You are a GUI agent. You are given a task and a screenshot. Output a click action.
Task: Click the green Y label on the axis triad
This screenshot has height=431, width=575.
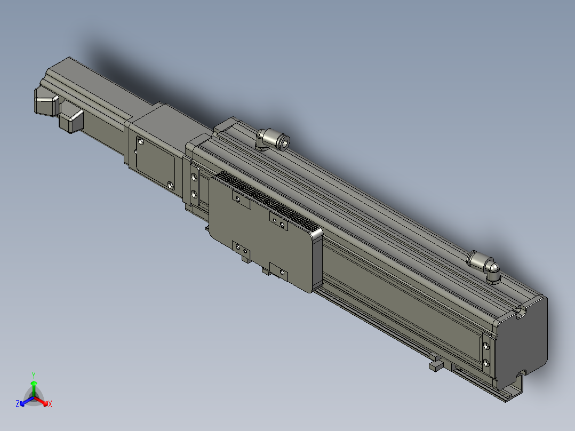pyautogui.click(x=34, y=375)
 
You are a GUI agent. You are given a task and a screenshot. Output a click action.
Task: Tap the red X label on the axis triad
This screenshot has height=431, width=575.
pyautogui.click(x=50, y=404)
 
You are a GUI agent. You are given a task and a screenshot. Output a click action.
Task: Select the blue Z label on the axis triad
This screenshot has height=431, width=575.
pyautogui.click(x=18, y=403)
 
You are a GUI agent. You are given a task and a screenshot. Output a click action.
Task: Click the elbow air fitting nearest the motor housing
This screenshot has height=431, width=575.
pyautogui.click(x=273, y=139)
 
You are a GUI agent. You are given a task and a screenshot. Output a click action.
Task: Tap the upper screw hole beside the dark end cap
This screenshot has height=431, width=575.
pyautogui.click(x=486, y=345)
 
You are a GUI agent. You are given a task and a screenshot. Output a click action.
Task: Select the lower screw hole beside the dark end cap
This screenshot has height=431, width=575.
pyautogui.click(x=486, y=363)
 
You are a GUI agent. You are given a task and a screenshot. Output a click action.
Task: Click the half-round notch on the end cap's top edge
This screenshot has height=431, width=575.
pyautogui.click(x=521, y=313)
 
